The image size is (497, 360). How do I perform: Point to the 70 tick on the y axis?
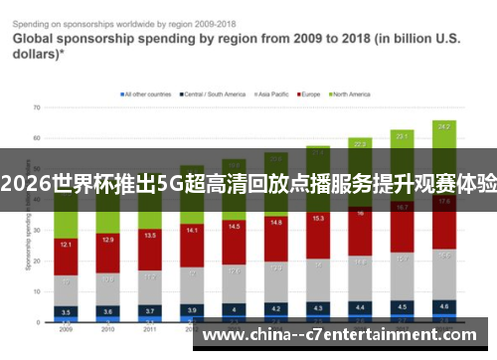tap(36, 106)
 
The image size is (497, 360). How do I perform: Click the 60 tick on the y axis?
tap(36, 137)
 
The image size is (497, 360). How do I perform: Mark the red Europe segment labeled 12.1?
tap(65, 244)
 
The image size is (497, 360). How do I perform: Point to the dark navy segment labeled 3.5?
tap(65, 311)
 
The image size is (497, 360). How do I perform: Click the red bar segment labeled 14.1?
tap(192, 232)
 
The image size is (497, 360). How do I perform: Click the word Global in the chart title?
tap(35, 40)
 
